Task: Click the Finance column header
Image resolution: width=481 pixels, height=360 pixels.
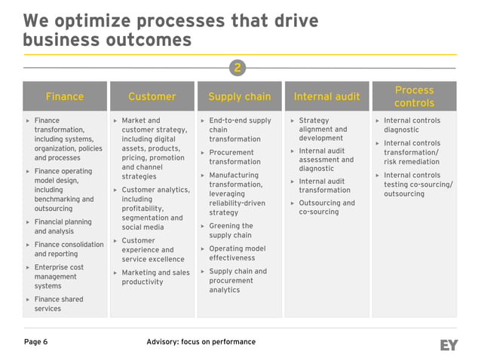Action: click(65, 96)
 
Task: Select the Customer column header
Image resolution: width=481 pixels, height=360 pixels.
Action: click(152, 96)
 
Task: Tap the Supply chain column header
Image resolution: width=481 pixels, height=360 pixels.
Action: click(239, 96)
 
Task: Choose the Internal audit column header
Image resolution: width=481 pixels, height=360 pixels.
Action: click(326, 96)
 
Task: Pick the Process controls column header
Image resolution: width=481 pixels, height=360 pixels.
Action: click(414, 96)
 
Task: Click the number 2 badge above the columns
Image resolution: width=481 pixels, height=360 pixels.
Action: click(237, 69)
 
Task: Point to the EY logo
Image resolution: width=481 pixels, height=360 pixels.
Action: click(449, 345)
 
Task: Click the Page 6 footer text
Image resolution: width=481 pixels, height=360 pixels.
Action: click(35, 342)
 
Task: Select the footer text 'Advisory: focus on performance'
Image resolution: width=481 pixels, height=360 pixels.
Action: click(201, 342)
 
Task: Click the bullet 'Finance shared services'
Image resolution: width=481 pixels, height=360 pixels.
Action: click(58, 304)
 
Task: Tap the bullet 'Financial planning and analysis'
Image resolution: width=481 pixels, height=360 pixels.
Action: click(63, 227)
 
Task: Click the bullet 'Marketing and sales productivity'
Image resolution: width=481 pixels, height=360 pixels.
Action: click(155, 277)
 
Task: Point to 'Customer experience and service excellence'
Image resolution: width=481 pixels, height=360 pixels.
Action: click(148, 250)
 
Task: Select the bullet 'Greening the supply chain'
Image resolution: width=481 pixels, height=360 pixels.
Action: click(231, 230)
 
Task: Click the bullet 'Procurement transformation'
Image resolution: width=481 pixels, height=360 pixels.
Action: click(234, 157)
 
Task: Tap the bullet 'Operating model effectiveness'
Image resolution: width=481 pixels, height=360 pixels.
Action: click(237, 253)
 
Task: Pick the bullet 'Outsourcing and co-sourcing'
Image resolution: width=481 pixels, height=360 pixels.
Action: click(326, 207)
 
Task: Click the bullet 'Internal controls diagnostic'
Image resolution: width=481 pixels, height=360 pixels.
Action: click(412, 125)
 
